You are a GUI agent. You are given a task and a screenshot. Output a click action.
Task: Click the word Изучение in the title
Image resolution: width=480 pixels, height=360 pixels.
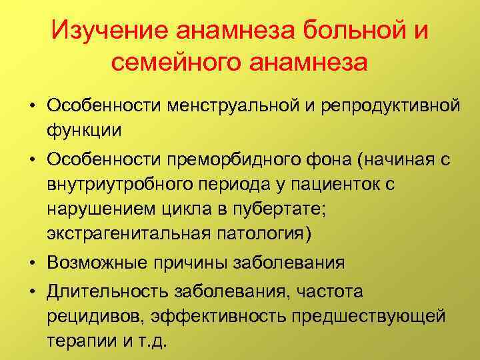pos(111,29)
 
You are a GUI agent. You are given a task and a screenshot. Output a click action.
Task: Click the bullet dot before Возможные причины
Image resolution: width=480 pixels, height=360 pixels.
pos(32,263)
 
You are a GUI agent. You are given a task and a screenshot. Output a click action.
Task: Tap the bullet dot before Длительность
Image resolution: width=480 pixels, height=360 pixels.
pos(32,291)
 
